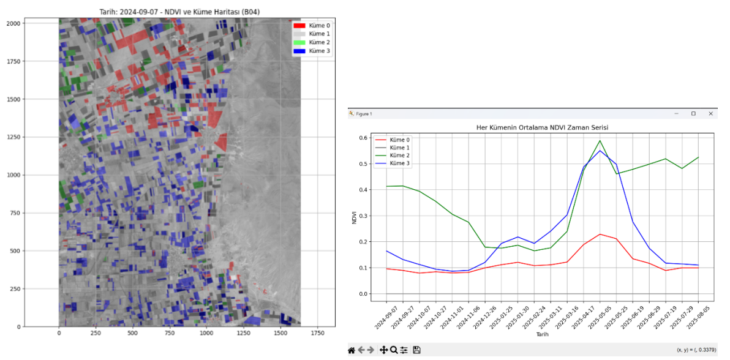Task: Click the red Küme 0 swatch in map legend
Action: point(299,25)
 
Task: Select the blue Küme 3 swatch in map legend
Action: point(299,51)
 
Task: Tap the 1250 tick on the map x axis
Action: point(243,333)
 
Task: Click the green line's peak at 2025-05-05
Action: point(600,141)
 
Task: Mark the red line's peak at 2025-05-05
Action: point(600,234)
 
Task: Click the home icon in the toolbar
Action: point(352,350)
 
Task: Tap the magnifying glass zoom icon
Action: point(394,350)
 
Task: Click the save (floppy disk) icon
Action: point(416,350)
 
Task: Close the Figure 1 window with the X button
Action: point(710,114)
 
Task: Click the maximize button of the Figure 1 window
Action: point(693,114)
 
